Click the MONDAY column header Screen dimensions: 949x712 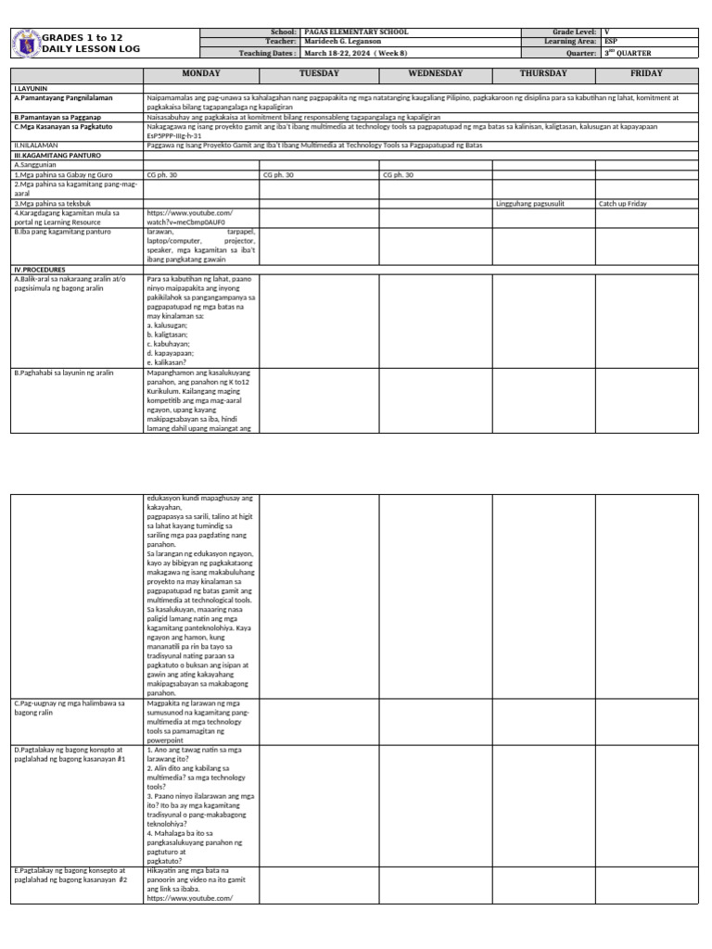tap(201, 73)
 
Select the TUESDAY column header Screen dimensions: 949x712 tap(319, 73)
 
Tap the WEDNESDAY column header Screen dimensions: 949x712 tap(435, 73)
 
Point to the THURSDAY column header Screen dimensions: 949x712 tap(543, 73)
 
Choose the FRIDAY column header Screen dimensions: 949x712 tap(647, 73)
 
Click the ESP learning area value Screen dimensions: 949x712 tap(610, 43)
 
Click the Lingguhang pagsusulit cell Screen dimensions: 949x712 tap(530, 203)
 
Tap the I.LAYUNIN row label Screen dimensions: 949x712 tap(31, 88)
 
